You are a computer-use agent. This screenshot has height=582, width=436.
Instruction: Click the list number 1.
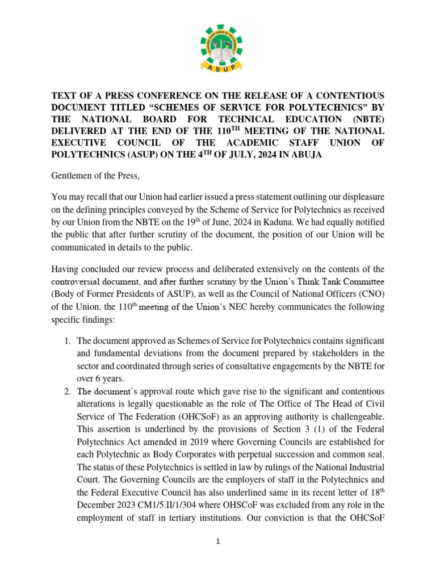[x=66, y=340]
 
